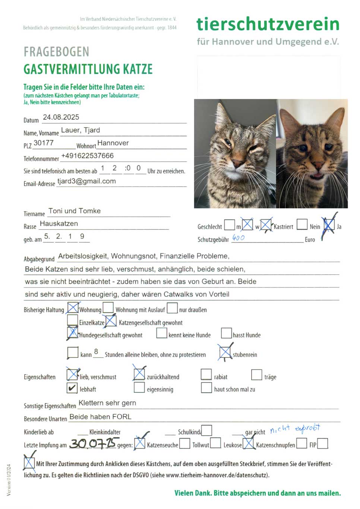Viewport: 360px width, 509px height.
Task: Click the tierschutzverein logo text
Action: click(268, 24)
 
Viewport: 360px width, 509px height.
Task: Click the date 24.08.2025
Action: click(61, 117)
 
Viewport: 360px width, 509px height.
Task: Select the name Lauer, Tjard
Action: click(80, 130)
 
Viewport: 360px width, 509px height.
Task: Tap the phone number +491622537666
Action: click(88, 156)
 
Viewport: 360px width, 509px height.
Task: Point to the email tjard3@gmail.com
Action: click(86, 181)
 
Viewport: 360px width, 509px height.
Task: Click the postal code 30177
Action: click(44, 143)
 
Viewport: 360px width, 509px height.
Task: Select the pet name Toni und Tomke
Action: click(75, 211)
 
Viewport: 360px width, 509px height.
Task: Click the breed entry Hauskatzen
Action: click(59, 224)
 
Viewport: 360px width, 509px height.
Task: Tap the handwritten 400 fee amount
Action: click(239, 238)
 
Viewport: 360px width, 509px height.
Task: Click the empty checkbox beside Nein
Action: click(302, 225)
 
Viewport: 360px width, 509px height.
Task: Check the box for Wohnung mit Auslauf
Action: click(108, 308)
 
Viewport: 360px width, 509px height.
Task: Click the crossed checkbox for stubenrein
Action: click(225, 352)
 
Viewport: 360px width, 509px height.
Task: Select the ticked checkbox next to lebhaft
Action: click(72, 388)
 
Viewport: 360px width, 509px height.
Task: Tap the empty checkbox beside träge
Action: click(257, 375)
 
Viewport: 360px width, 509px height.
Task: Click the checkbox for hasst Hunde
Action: click(227, 333)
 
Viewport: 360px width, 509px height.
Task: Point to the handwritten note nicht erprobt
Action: click(295, 429)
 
